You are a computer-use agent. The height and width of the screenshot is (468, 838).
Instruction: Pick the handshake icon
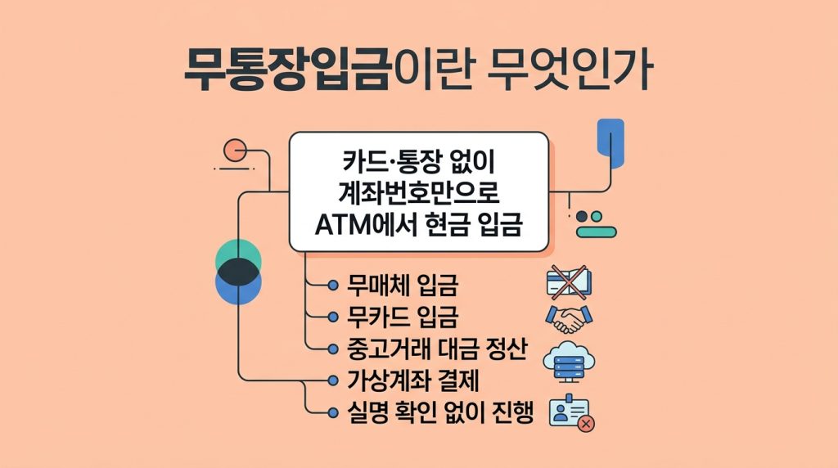pos(569,318)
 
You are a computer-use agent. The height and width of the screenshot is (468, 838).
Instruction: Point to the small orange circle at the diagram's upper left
pos(235,150)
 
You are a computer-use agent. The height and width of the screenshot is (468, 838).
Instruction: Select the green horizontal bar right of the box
pos(597,232)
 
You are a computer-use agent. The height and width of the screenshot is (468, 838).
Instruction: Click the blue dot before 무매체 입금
pos(332,286)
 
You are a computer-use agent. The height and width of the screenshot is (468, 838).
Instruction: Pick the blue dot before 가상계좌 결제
pos(332,381)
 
